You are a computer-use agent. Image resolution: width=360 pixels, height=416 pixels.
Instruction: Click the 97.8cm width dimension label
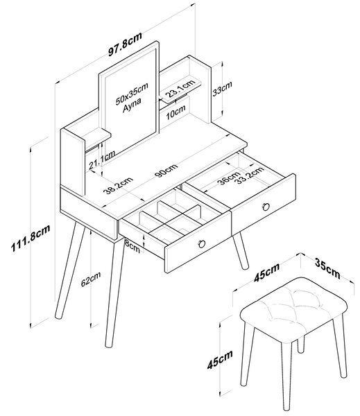coord(125,44)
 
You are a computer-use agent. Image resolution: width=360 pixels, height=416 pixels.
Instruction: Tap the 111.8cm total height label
coord(31,239)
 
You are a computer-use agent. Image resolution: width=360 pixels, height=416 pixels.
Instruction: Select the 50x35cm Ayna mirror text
coord(132,97)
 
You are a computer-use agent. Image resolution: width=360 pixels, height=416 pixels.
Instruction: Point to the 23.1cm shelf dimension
coord(180,88)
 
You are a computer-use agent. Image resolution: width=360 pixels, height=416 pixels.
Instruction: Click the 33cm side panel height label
coord(222,89)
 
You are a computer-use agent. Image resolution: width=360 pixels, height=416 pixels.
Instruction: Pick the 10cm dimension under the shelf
coord(175,112)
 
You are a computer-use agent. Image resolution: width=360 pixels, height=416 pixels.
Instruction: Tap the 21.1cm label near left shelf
coord(102,159)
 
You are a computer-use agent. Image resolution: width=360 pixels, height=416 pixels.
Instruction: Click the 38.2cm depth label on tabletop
coord(118,186)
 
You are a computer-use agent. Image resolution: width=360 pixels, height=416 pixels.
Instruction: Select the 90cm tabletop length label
coord(166,171)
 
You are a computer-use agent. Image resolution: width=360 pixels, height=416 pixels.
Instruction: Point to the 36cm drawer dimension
coord(229,177)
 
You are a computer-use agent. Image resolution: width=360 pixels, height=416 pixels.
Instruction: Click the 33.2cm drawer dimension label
coord(250,175)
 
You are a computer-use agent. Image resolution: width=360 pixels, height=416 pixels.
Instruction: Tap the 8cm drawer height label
coord(132,246)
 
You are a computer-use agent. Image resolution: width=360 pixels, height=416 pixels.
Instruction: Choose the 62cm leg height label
coord(91,279)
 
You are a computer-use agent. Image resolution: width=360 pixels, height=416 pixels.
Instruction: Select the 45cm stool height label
coord(220,359)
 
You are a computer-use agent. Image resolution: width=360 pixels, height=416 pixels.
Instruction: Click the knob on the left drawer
coord(202,244)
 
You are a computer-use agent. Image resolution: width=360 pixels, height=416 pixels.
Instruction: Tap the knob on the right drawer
coord(266,207)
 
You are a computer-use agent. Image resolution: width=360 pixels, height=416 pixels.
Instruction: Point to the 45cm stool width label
coord(266,272)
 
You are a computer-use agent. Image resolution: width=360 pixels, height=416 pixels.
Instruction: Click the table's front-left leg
coord(114,293)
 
